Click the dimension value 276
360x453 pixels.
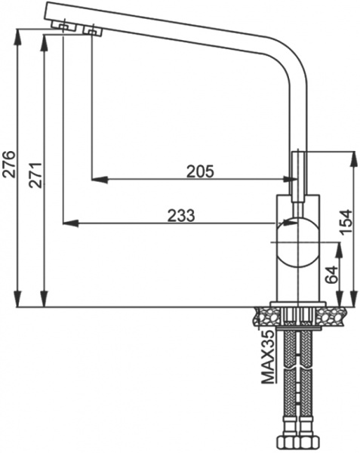click(9, 164)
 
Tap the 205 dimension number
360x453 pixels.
click(201, 171)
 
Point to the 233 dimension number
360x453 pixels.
click(181, 215)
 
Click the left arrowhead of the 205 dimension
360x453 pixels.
click(97, 180)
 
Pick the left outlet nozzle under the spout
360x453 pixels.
click(62, 27)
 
